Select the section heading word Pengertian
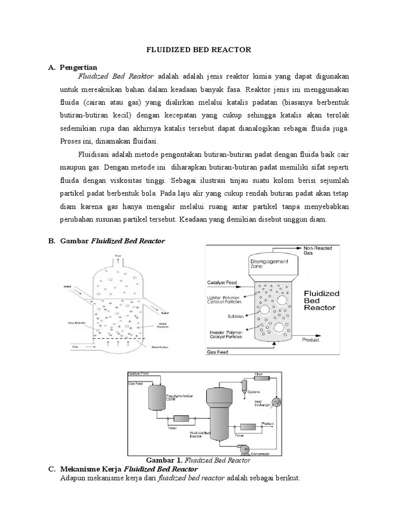[x=78, y=67]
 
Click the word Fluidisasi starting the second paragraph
[x=95, y=154]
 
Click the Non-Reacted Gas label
[x=318, y=251]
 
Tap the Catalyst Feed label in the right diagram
[x=223, y=283]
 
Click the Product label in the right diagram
[x=311, y=340]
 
